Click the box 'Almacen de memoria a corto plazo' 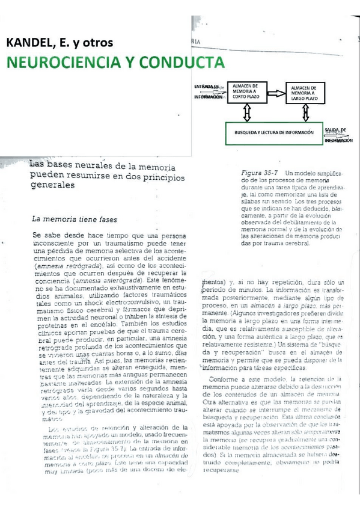point(246,94)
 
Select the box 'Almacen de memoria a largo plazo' point(308,95)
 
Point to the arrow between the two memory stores point(276,94)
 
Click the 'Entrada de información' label point(208,91)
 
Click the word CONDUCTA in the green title point(183,62)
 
